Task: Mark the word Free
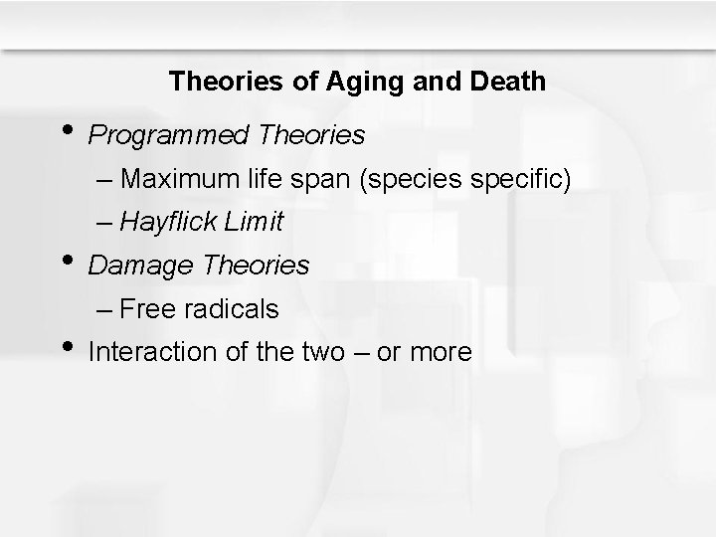coord(148,309)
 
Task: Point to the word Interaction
coord(145,351)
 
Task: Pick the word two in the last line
coord(341,351)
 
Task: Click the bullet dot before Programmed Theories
coord(67,129)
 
